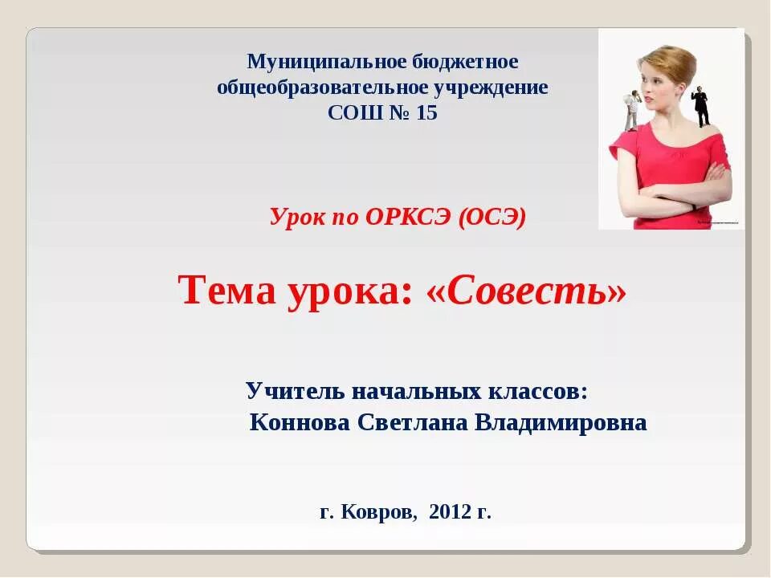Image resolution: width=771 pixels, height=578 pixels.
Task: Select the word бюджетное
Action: pyautogui.click(x=467, y=62)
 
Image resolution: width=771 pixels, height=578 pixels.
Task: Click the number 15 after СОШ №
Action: pyautogui.click(x=426, y=113)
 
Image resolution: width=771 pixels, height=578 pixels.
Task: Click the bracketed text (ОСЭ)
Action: pyautogui.click(x=492, y=217)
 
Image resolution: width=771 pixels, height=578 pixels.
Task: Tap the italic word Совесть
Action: pyautogui.click(x=527, y=291)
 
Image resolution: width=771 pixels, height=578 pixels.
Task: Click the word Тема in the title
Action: pyautogui.click(x=226, y=291)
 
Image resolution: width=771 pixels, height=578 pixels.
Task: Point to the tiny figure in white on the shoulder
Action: pyautogui.click(x=631, y=108)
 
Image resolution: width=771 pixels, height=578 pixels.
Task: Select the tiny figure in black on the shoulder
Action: pyautogui.click(x=702, y=105)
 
